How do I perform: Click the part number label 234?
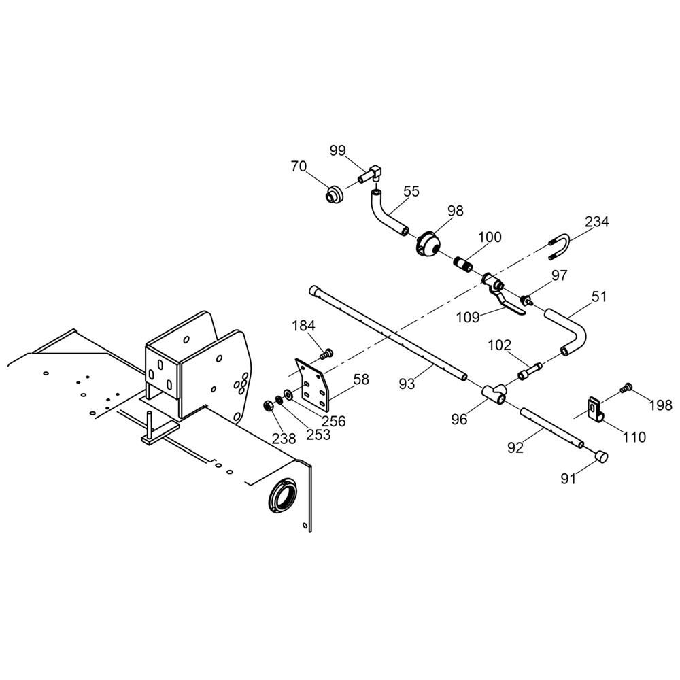pyautogui.click(x=596, y=222)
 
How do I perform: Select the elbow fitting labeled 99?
pyautogui.click(x=373, y=175)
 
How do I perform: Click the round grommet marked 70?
pyautogui.click(x=335, y=194)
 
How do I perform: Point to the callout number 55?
pyautogui.click(x=411, y=192)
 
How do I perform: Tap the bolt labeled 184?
pyautogui.click(x=327, y=353)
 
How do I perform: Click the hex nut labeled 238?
pyautogui.click(x=268, y=406)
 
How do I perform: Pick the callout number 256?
pyautogui.click(x=333, y=421)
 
